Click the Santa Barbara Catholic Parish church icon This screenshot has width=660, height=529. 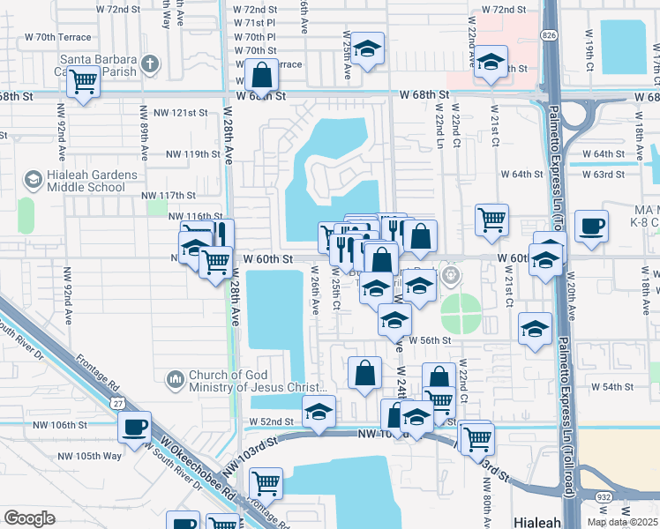click(x=151, y=63)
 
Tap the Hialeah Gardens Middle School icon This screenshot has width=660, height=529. click(x=33, y=181)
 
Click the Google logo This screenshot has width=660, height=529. click(x=29, y=518)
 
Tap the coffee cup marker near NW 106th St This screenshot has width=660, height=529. click(x=134, y=428)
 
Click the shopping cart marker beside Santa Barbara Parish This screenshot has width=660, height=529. click(x=84, y=82)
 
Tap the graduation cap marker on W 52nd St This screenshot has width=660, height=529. click(x=319, y=411)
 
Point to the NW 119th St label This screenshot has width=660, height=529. click(x=191, y=153)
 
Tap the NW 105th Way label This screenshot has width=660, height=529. click(x=90, y=456)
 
